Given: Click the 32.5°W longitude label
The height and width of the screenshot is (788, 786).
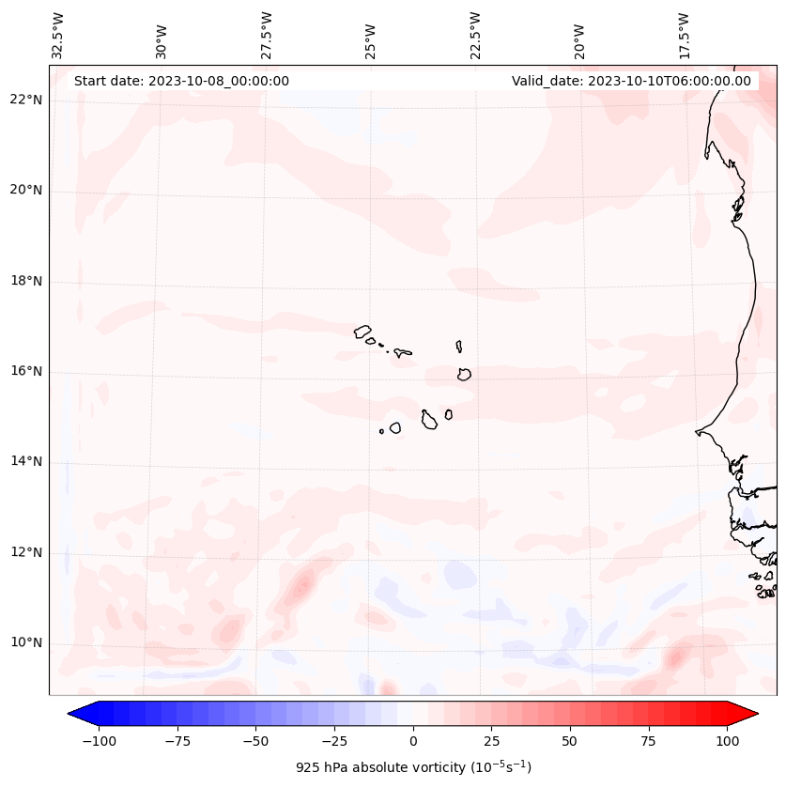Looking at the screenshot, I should click(x=58, y=35).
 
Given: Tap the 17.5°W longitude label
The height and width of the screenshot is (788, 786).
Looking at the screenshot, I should click(x=685, y=35).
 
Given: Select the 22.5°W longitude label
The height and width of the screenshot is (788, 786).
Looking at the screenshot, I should click(x=475, y=35).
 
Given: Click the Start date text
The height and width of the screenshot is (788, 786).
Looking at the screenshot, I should click(x=181, y=81).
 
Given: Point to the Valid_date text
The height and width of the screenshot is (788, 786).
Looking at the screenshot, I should click(x=631, y=81).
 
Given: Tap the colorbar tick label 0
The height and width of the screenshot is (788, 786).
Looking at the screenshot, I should click(x=412, y=741).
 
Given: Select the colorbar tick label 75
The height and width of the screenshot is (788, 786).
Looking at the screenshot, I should click(x=650, y=741).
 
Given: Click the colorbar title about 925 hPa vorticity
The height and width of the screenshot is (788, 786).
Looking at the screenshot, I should click(x=413, y=767).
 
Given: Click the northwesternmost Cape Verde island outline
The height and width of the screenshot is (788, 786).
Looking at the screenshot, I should click(x=362, y=331).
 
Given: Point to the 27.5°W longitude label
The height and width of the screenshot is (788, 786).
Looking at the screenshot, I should click(x=267, y=35).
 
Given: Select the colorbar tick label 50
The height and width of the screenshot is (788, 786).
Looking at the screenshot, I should click(x=570, y=741).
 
